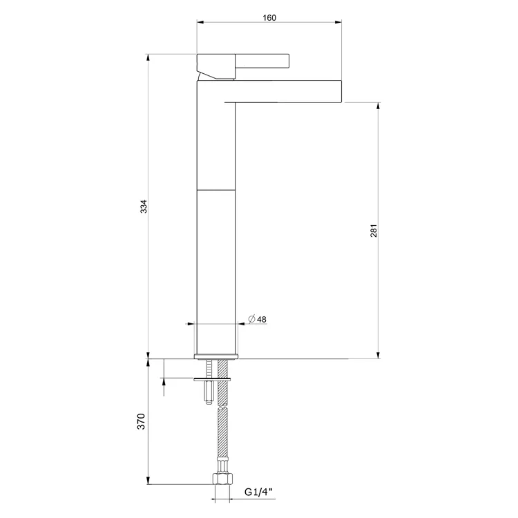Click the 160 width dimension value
click(x=269, y=17)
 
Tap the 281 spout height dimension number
click(x=373, y=230)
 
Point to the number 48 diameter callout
click(x=262, y=319)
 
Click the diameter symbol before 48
click(x=252, y=319)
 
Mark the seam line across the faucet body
click(x=217, y=189)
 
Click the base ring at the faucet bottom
click(x=217, y=356)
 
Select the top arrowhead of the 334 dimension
click(x=148, y=58)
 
